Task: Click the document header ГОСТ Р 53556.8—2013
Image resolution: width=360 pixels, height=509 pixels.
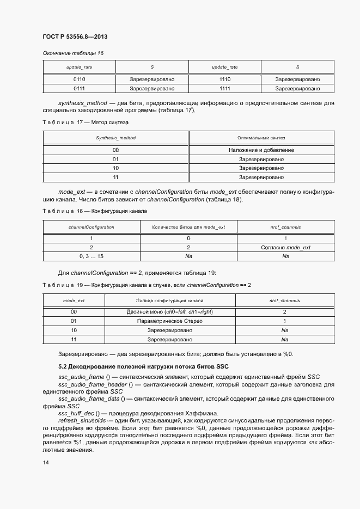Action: point(74,37)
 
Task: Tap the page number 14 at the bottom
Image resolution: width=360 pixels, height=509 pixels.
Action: point(45,462)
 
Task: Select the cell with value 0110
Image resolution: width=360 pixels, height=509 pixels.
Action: point(79,79)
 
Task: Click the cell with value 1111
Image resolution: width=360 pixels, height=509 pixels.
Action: point(224,88)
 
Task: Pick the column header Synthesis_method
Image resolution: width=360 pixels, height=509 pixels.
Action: point(115,138)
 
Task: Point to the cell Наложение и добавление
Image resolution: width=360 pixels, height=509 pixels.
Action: point(261,150)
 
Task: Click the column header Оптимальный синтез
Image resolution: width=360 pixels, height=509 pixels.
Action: point(261,138)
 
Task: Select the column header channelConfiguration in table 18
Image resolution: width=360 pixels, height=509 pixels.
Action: point(91,227)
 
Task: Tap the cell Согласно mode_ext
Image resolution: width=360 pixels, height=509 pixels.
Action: point(285,247)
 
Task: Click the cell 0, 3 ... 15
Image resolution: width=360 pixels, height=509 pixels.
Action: point(91,256)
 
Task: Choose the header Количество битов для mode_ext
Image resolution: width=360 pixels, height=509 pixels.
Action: point(188,227)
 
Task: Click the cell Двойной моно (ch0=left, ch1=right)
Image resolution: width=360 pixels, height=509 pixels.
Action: point(169,312)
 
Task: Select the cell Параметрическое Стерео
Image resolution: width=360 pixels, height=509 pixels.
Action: point(169,321)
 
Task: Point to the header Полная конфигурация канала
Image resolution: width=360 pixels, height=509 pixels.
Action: point(169,301)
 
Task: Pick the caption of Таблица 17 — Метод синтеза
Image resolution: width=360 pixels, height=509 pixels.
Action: point(85,122)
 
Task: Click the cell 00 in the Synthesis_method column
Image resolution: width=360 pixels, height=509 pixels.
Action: point(115,150)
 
